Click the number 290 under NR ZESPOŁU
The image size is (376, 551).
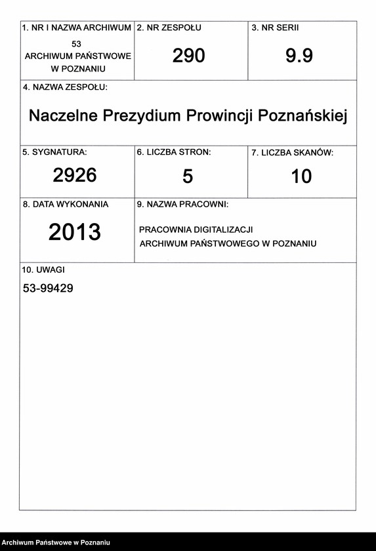(189, 56)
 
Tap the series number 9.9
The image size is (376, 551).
(299, 56)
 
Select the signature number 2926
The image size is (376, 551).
(75, 175)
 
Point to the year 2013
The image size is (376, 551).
(75, 232)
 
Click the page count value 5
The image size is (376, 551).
(188, 176)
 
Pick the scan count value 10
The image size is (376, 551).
(301, 176)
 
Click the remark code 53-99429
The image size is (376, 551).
(48, 287)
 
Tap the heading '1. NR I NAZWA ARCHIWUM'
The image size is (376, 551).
(77, 28)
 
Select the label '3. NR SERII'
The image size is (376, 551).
(275, 28)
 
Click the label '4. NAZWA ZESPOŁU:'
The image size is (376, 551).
(65, 87)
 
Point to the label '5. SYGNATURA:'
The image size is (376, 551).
(55, 152)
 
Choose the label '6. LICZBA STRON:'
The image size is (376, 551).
(174, 152)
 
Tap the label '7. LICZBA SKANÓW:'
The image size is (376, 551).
(293, 153)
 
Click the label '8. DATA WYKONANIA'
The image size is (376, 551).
(66, 205)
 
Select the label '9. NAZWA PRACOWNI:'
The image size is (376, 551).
(182, 205)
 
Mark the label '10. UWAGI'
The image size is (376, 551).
(44, 269)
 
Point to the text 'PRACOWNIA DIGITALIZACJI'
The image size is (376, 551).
(196, 230)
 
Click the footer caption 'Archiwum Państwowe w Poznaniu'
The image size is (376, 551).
(55, 542)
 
